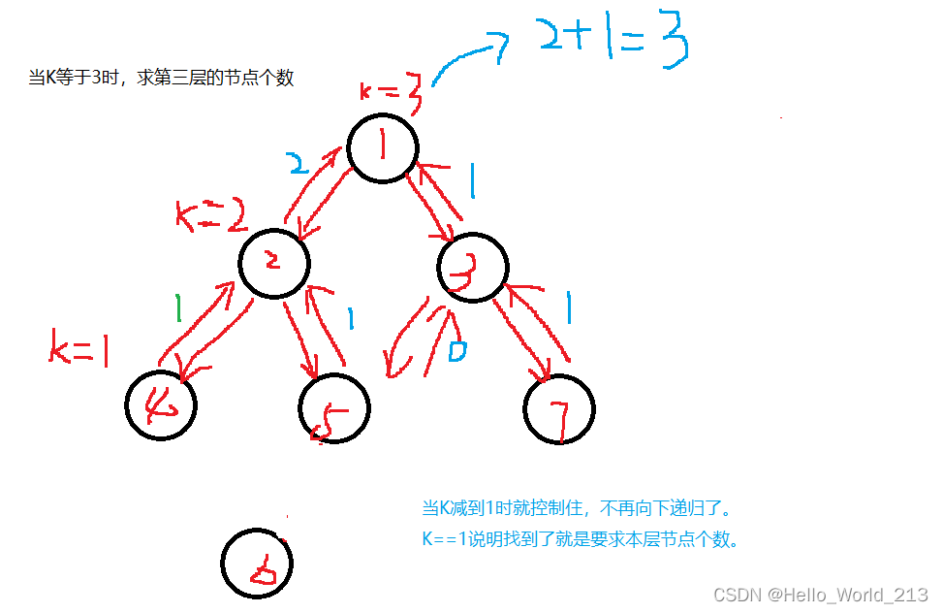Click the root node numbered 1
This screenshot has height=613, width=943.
(383, 149)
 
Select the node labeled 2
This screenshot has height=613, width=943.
(274, 263)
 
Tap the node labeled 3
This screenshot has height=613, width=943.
(472, 268)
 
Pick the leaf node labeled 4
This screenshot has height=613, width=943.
(160, 405)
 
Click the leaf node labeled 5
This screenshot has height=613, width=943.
(333, 408)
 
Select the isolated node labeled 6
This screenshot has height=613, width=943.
(256, 563)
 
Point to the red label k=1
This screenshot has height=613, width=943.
(79, 349)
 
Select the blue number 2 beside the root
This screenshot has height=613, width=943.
(300, 163)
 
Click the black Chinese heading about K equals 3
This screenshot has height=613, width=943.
(161, 78)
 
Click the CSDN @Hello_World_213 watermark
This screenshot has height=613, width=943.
(820, 594)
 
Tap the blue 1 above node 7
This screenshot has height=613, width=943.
(569, 309)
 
